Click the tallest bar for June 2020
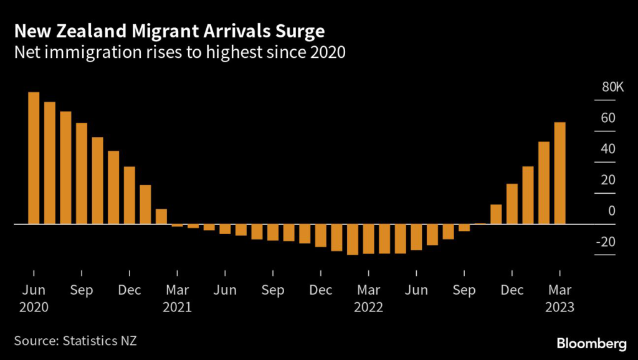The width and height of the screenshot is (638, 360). tap(34, 158)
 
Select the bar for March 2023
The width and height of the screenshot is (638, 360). tap(560, 173)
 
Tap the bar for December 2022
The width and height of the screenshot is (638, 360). tap(512, 204)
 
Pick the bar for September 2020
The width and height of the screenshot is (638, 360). tap(82, 173)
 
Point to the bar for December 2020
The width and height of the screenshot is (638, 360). tap(130, 195)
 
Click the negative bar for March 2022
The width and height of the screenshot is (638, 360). tap(369, 239)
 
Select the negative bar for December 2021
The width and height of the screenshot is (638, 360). tap(321, 235)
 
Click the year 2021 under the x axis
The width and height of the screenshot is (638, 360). tap(177, 306)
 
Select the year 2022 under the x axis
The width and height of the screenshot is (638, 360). tap(369, 306)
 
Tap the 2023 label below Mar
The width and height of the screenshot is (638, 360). tap(560, 306)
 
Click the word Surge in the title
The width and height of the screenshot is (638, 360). tap(302, 31)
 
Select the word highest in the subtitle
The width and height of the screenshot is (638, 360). tap(234, 52)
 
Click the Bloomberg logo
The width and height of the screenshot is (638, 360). tap(592, 344)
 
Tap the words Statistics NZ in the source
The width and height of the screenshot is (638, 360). tap(100, 341)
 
